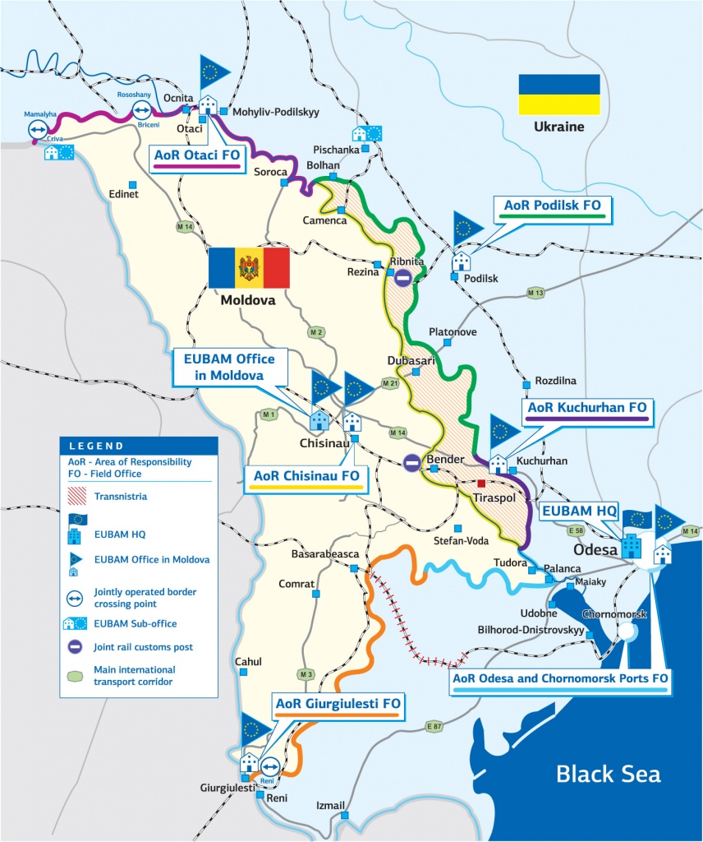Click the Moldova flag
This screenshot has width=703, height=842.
point(249,267)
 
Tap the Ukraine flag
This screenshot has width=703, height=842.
point(558,95)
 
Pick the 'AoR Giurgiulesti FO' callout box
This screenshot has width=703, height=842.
point(338,706)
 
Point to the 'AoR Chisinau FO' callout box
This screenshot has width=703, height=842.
point(306,477)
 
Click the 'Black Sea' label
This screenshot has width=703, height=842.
point(608,774)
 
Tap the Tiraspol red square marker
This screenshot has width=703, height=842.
point(481,483)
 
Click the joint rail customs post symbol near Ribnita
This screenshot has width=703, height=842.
point(402,278)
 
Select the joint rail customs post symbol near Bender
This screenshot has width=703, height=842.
point(412,464)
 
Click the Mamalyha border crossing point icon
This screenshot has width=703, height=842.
point(37,129)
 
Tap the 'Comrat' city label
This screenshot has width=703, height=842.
point(297,584)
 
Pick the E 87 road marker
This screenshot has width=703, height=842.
point(434,726)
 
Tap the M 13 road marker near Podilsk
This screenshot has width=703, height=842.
point(535,293)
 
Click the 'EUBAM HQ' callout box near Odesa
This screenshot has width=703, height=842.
point(577,511)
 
